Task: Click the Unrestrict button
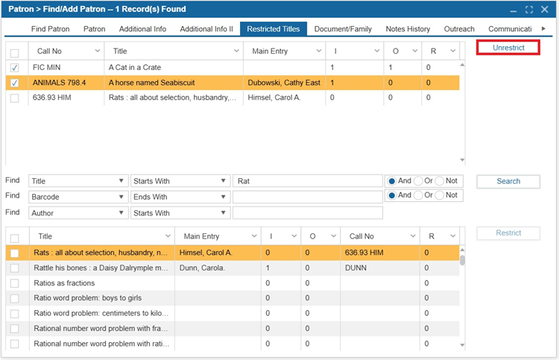pyautogui.click(x=508, y=48)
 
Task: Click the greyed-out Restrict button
pyautogui.click(x=508, y=233)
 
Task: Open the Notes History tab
pyautogui.click(x=408, y=29)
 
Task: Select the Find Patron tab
pyautogui.click(x=50, y=29)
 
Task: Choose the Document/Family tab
pyautogui.click(x=343, y=29)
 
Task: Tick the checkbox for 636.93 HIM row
pyautogui.click(x=15, y=98)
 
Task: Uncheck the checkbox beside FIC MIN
pyautogui.click(x=15, y=68)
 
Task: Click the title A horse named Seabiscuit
pyautogui.click(x=151, y=83)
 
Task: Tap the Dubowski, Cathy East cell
pyautogui.click(x=284, y=83)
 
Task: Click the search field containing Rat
pyautogui.click(x=307, y=181)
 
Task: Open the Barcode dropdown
pyautogui.click(x=78, y=197)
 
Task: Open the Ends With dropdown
pyautogui.click(x=180, y=197)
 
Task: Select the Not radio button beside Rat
pyautogui.click(x=440, y=181)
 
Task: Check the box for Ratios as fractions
pyautogui.click(x=15, y=283)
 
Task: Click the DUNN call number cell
pyautogui.click(x=356, y=268)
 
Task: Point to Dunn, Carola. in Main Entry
pyautogui.click(x=202, y=268)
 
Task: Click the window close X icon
pyautogui.click(x=544, y=9)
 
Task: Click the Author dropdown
pyautogui.click(x=78, y=212)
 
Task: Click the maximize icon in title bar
pyautogui.click(x=529, y=10)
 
